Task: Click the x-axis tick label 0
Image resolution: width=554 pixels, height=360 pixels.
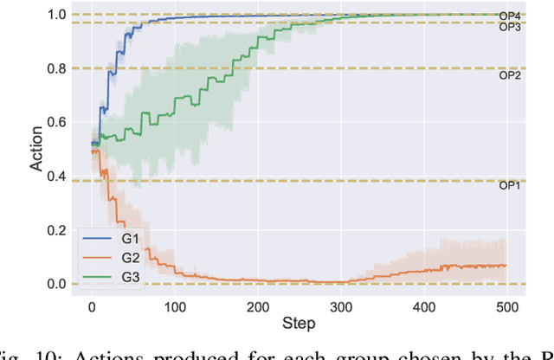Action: click(93, 306)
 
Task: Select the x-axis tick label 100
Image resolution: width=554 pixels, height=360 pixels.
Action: click(175, 306)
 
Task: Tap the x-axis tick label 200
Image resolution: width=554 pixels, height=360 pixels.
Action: click(258, 306)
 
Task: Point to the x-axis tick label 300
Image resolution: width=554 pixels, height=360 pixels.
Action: click(340, 306)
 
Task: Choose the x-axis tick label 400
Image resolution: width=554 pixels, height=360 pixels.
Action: click(422, 306)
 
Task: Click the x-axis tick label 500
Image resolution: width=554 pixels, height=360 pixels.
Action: click(506, 306)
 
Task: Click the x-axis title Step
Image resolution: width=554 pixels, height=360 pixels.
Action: click(299, 324)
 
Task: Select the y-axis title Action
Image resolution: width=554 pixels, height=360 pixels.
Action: click(35, 150)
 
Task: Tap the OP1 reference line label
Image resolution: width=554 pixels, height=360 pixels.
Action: click(510, 185)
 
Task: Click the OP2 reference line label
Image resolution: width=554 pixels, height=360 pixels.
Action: click(510, 75)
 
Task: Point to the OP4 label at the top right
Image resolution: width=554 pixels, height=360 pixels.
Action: click(510, 15)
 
